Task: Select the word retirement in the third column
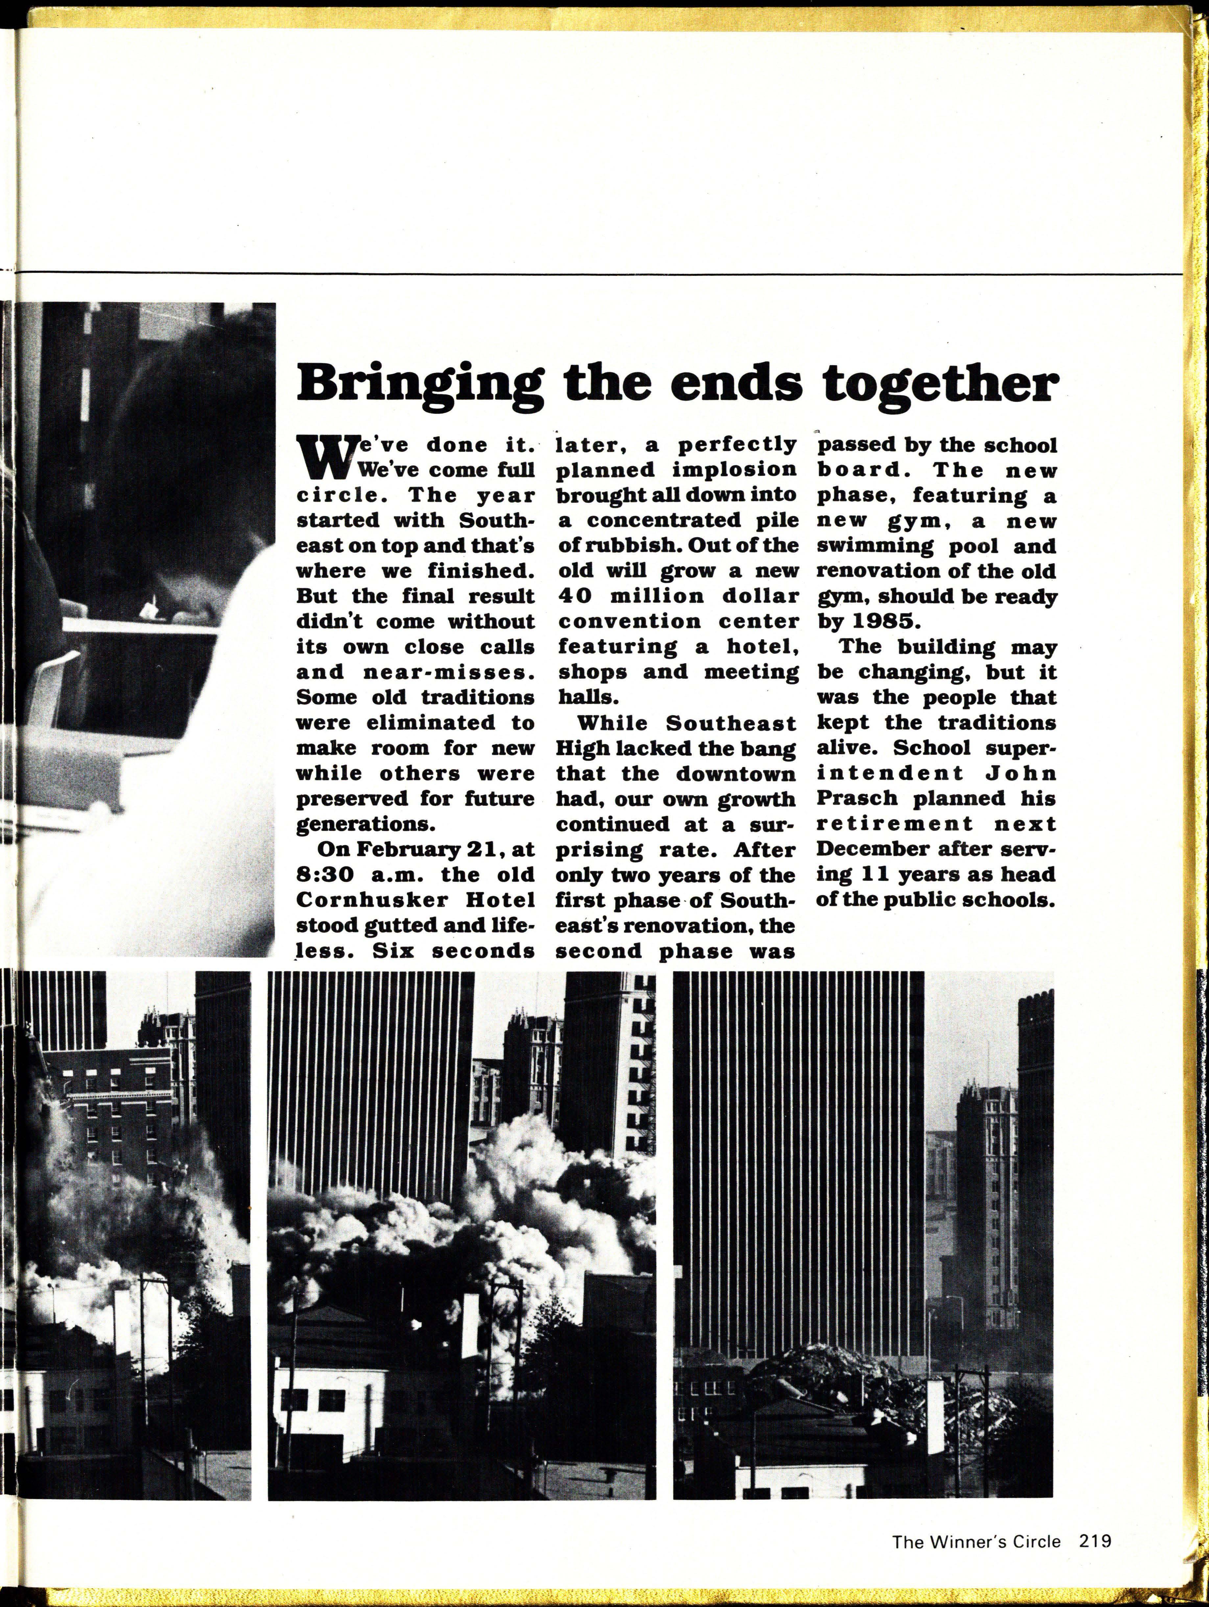pos(894,824)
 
